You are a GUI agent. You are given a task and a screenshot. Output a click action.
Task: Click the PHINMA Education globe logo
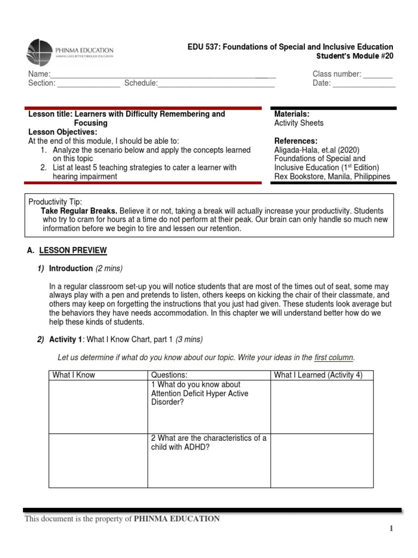pyautogui.click(x=40, y=52)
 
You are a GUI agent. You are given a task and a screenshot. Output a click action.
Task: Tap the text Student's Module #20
pyautogui.click(x=354, y=56)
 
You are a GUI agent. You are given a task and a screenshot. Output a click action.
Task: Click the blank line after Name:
pyautogui.click(x=163, y=75)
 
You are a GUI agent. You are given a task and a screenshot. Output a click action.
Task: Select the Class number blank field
pyautogui.click(x=378, y=75)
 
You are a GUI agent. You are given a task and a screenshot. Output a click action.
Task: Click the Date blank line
pyautogui.click(x=364, y=84)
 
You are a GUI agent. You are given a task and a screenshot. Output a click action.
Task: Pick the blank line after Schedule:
pyautogui.click(x=216, y=84)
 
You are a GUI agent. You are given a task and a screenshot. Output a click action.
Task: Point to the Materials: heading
pyautogui.click(x=292, y=114)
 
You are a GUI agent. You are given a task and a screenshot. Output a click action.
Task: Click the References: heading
pyautogui.click(x=296, y=141)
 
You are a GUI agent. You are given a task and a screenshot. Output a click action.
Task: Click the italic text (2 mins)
pyautogui.click(x=109, y=268)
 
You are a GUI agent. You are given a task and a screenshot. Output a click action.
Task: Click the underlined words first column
pyautogui.click(x=334, y=357)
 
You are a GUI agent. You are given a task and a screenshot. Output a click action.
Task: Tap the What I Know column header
pyautogui.click(x=73, y=375)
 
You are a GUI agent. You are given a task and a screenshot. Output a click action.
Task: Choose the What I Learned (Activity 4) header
pyautogui.click(x=318, y=375)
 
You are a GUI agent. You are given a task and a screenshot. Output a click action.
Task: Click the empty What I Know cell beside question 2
pyautogui.click(x=98, y=460)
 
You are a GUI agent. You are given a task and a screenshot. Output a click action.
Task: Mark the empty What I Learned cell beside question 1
pyautogui.click(x=322, y=407)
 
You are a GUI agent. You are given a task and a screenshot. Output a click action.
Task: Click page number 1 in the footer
pyautogui.click(x=390, y=529)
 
